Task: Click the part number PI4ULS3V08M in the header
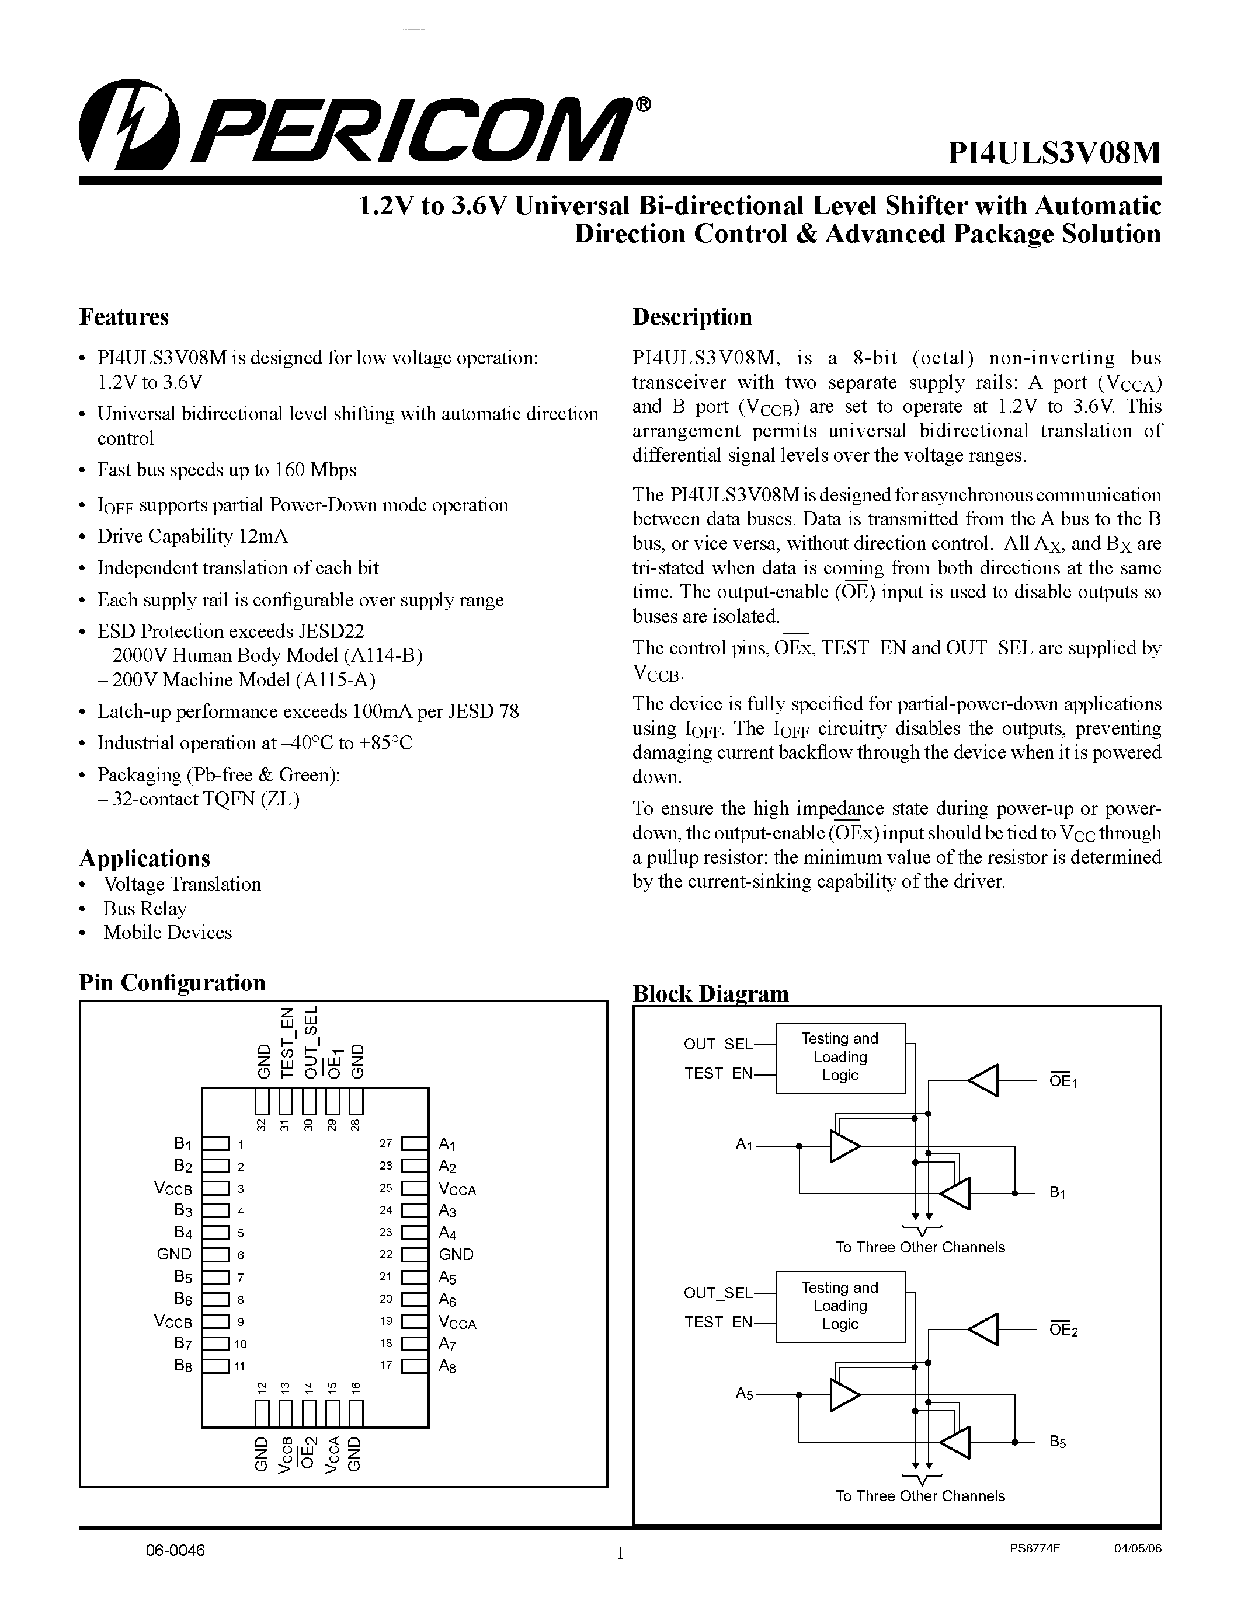pos(1054,153)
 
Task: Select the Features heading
pos(123,317)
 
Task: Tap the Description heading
pos(692,317)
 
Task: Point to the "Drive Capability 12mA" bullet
pos(193,536)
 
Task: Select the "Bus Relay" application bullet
pos(145,909)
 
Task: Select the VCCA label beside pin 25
pos(457,1189)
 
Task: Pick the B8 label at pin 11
pos(183,1366)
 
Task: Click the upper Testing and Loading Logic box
pos(840,1058)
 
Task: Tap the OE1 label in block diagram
pos(1063,1081)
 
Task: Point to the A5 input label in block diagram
pos(744,1393)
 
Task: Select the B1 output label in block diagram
pos(1057,1193)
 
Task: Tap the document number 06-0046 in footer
pos(175,1551)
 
